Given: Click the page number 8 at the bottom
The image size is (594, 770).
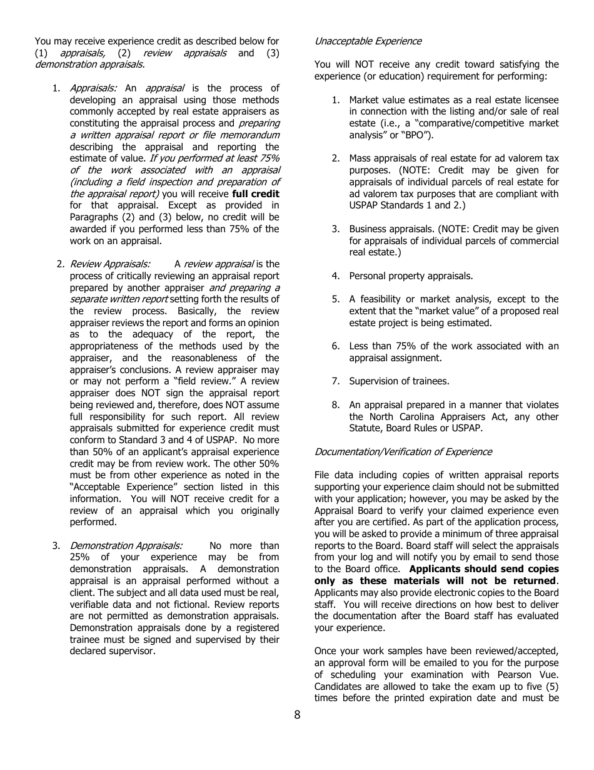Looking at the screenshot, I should coord(297,715).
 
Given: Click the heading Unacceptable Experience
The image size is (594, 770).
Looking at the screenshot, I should coord(368,41).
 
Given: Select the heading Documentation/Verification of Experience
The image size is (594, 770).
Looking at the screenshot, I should coord(403,452).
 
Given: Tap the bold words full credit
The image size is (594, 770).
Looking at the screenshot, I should coord(255,194).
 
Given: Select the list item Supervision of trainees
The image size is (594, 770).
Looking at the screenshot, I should coord(399,381).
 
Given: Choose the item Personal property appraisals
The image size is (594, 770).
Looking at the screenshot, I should coord(411,276).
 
